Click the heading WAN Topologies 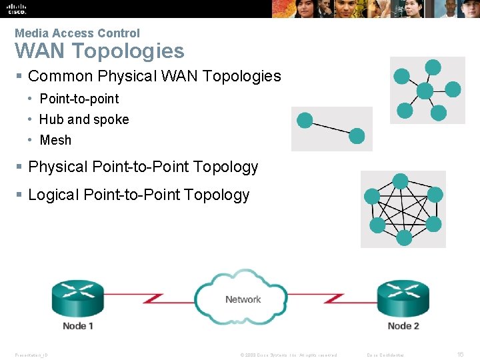coord(99,51)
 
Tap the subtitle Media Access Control coord(77,33)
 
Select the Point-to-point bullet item coord(79,99)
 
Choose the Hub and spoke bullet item coord(84,119)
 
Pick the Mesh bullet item coord(55,140)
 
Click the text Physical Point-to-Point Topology coord(143,167)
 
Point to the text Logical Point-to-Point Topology coord(139,195)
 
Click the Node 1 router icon coord(78,297)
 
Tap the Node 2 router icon coord(402,297)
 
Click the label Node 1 coord(78,326)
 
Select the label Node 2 coord(403,326)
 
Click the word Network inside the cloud coord(243,299)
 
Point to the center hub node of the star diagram coord(424,91)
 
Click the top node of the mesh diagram coord(400,181)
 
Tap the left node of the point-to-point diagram coord(305,121)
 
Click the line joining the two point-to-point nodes coord(331,128)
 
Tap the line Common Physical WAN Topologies coord(155,76)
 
